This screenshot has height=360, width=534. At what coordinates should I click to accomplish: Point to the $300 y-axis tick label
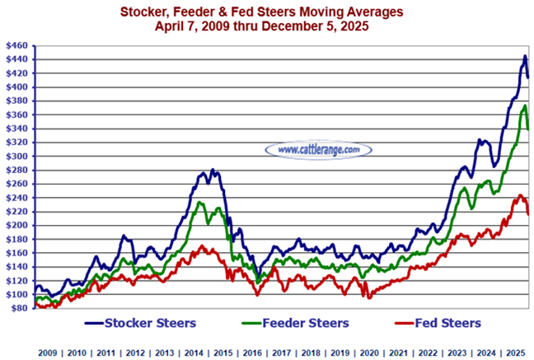(16, 156)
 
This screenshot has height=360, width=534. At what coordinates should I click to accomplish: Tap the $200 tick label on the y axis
(16, 225)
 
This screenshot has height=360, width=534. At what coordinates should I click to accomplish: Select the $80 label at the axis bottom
(17, 308)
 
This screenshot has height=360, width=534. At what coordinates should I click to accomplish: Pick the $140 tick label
(16, 267)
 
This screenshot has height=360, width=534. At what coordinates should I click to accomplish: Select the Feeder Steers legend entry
(302, 321)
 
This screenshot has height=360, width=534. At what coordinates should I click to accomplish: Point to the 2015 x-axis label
(222, 351)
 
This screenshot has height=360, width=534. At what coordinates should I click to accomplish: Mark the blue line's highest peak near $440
(525, 57)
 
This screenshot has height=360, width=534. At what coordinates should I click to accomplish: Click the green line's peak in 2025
(524, 105)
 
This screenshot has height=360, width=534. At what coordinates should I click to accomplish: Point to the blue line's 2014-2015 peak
(213, 171)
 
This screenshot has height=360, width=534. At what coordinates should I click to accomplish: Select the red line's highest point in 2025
(520, 196)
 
